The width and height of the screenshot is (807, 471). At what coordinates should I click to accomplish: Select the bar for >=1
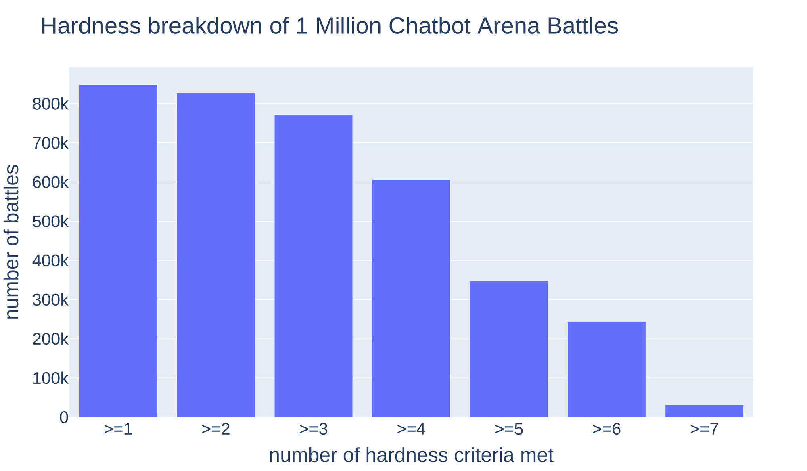click(118, 251)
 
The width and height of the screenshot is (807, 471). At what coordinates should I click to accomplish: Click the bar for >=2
click(215, 255)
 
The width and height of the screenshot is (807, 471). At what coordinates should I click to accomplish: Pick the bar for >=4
click(411, 298)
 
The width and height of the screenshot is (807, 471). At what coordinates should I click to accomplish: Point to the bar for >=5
click(509, 349)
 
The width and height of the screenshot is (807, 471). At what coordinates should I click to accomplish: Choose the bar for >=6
click(606, 369)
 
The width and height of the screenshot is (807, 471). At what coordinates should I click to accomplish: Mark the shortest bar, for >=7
click(704, 411)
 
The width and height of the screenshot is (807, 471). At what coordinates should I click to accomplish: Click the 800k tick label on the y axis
click(50, 105)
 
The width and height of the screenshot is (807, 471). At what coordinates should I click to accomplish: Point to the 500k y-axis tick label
click(50, 222)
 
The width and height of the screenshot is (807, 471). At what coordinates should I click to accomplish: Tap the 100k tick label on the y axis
click(50, 379)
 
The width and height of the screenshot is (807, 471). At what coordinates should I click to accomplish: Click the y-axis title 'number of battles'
click(13, 242)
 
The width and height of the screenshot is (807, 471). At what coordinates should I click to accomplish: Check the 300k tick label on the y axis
click(50, 301)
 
